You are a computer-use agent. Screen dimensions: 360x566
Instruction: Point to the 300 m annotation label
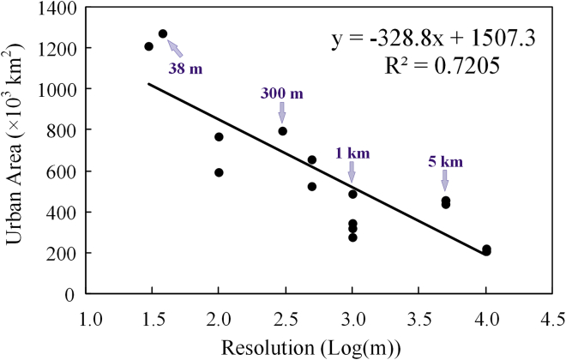(282, 93)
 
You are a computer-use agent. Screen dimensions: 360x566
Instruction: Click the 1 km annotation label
(352, 153)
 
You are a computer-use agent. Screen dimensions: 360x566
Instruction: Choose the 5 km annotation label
(445, 159)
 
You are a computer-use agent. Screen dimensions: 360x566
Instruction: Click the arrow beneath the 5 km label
(445, 180)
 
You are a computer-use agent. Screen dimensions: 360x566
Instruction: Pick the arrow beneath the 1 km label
(352, 172)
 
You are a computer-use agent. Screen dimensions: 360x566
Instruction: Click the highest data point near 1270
(163, 34)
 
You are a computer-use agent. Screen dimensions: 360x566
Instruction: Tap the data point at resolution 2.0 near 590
(219, 172)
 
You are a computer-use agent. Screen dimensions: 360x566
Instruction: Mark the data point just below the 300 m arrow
(282, 131)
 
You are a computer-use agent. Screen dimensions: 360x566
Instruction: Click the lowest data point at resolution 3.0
(352, 237)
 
